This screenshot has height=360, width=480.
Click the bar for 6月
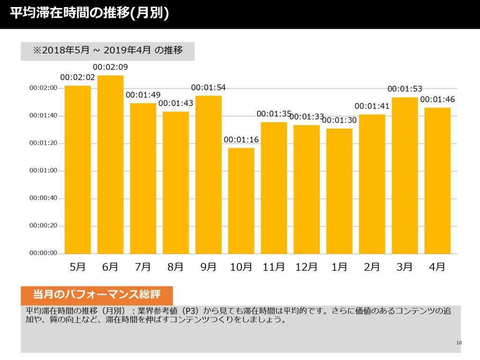point(110,165)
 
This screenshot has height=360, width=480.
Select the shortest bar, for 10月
point(241,201)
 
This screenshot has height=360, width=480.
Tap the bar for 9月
point(209,175)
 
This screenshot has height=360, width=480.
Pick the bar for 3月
point(405,175)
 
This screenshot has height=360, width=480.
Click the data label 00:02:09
point(110,67)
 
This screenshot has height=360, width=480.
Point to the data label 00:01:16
point(241,140)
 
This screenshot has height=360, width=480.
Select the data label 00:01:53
point(405,89)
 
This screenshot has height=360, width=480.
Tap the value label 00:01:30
point(339,120)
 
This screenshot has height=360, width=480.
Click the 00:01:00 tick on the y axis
point(43,171)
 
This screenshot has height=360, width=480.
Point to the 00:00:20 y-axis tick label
point(43,225)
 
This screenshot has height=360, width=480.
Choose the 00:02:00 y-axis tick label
point(43,88)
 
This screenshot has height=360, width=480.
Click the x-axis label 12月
point(306,267)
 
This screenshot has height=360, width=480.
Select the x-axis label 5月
point(77,267)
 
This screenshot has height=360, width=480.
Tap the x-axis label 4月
point(437,267)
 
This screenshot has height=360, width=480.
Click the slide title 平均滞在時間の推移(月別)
point(90,13)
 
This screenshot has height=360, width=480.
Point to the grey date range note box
point(107,51)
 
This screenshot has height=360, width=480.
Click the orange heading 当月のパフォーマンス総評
point(97,294)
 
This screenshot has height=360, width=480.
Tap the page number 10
point(459,343)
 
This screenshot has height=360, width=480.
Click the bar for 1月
point(339,191)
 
